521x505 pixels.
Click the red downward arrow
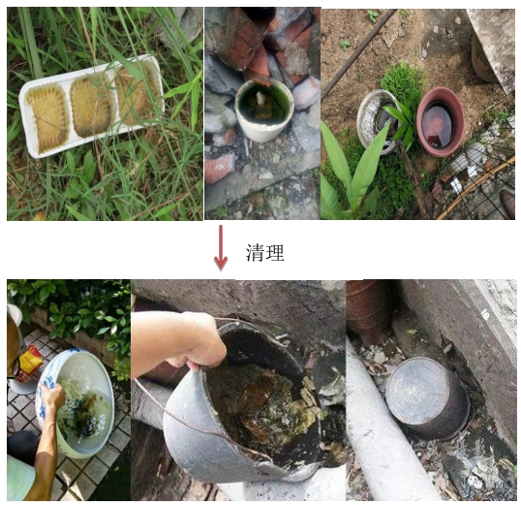[x=221, y=247]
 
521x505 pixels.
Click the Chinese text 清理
[x=265, y=252]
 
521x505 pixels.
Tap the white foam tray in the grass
[x=92, y=106]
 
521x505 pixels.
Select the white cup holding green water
[x=264, y=110]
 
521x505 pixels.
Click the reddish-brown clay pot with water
[x=440, y=121]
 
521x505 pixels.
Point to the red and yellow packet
[x=30, y=362]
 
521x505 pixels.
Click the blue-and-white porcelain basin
[x=76, y=403]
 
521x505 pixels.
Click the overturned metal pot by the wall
[x=428, y=397]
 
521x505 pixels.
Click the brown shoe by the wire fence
[x=508, y=204]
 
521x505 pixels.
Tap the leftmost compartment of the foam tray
[x=48, y=117]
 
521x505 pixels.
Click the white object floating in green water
[x=261, y=98]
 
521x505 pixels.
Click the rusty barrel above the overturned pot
[x=370, y=306]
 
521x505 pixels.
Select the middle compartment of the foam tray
[x=91, y=105]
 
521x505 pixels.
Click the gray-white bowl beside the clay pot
[x=377, y=122]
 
